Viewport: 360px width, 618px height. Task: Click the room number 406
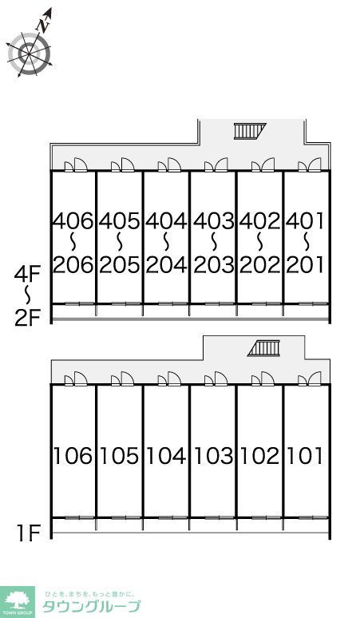(73, 220)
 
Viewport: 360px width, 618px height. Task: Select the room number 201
(305, 264)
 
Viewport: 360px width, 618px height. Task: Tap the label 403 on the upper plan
(213, 220)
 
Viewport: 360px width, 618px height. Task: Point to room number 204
(166, 264)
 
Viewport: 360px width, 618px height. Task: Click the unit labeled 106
(73, 456)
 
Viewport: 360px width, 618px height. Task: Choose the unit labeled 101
(305, 456)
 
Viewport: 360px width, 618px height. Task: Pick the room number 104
(166, 456)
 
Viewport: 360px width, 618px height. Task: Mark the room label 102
(259, 456)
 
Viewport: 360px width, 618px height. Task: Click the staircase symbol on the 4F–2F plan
(250, 131)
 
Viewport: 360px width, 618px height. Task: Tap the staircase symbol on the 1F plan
(264, 348)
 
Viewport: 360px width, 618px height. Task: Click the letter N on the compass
(42, 26)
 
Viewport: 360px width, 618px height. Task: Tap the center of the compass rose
(30, 54)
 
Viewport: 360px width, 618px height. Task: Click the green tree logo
(17, 601)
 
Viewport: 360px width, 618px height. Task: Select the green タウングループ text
(91, 606)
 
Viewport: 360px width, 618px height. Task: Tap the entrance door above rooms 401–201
(310, 164)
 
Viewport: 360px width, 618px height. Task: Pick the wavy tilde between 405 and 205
(120, 243)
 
